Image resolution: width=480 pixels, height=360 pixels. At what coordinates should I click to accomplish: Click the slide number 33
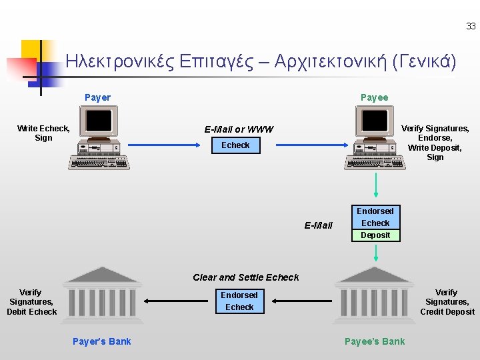point(471,27)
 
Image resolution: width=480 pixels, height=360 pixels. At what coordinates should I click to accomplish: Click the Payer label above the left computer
point(97,97)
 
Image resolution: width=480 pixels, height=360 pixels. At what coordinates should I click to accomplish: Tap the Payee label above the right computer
point(374,97)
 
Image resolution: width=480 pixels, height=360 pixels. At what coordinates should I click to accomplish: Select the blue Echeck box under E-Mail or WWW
point(235,145)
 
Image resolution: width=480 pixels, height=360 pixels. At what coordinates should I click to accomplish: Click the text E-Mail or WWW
point(239,129)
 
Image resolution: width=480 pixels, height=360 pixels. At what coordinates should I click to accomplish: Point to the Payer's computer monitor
point(99,121)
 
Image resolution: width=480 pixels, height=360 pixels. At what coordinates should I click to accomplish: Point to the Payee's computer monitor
point(374,121)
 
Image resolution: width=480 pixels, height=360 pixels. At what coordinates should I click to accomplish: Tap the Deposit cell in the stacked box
point(376,235)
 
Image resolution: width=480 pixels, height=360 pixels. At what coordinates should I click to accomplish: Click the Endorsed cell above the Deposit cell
point(376,211)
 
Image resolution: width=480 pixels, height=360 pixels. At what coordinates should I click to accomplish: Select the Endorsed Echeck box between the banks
point(239,301)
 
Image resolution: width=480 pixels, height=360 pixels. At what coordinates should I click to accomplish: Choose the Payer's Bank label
point(101,341)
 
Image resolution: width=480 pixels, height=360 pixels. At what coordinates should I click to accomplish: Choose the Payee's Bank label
point(375,341)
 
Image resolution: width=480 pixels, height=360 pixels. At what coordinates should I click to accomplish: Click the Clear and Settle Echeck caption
point(246,277)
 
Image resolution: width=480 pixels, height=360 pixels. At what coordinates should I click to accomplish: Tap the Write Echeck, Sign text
point(43,133)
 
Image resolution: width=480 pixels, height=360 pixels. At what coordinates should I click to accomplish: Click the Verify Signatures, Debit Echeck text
point(31,302)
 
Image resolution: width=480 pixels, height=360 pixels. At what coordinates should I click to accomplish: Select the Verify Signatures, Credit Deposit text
point(447,302)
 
